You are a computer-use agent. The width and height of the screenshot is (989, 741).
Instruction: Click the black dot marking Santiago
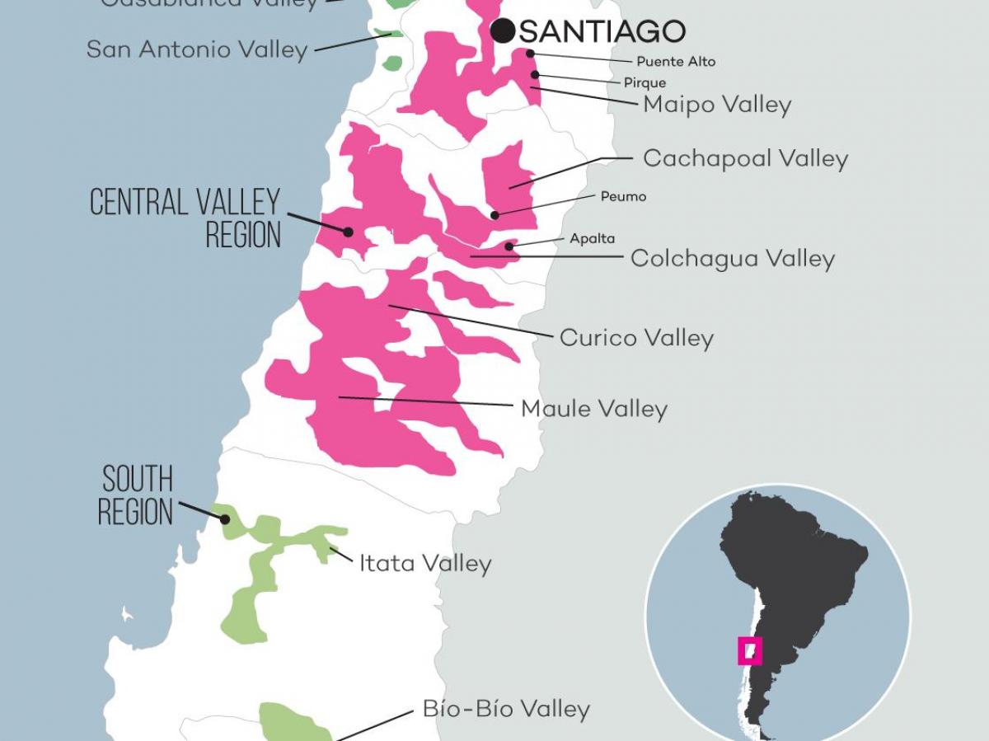click(x=502, y=31)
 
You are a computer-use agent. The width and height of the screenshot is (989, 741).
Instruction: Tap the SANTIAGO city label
click(x=602, y=31)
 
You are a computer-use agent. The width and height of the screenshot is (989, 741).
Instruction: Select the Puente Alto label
click(x=676, y=62)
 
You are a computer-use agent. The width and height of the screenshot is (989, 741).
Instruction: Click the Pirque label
click(x=644, y=83)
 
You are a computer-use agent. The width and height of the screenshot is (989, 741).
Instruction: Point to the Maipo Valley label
click(x=717, y=105)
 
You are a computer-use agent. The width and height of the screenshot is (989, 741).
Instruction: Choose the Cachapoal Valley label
click(x=745, y=158)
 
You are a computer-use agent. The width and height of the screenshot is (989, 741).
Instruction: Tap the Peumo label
click(x=623, y=197)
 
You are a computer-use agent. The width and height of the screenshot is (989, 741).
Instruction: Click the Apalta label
click(x=592, y=239)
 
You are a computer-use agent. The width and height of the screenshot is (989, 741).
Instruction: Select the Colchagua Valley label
click(x=732, y=259)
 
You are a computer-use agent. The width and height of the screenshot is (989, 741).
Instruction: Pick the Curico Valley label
click(x=636, y=338)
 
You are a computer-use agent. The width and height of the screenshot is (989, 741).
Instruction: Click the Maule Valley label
click(x=593, y=409)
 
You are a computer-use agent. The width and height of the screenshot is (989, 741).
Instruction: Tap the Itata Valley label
click(x=425, y=564)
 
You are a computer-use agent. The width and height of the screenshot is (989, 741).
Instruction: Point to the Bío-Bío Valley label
click(x=506, y=710)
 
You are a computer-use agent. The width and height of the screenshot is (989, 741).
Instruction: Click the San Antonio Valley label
click(x=197, y=49)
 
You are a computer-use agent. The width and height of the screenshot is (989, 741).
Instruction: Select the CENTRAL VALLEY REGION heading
click(x=185, y=218)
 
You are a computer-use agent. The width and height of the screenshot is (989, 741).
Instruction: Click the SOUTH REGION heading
click(x=136, y=495)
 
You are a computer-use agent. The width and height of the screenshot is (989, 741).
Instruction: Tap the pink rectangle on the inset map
click(x=749, y=650)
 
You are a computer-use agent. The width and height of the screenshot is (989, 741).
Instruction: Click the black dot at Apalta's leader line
click(x=509, y=246)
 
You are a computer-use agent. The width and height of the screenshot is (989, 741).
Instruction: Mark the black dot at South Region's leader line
click(x=225, y=519)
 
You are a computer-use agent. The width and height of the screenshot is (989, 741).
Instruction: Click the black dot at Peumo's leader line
click(x=494, y=215)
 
